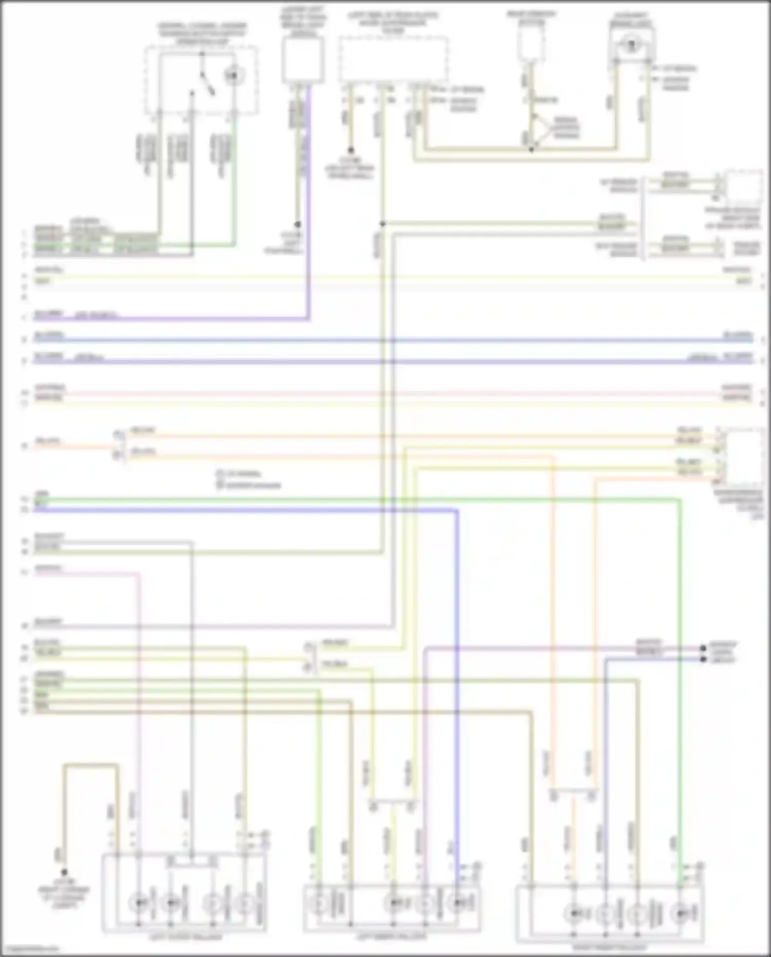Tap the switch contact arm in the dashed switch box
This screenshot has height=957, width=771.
207,83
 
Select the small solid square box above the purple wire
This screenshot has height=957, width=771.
303,60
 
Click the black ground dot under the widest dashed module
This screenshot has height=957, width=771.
351,151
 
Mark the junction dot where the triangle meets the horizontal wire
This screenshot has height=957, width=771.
531,150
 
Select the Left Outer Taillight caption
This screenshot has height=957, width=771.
186,937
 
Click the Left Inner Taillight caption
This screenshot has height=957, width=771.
392,937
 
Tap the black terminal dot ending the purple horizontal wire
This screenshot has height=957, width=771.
703,648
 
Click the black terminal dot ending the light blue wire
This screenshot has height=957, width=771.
703,659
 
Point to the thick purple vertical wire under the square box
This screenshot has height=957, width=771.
308,206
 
